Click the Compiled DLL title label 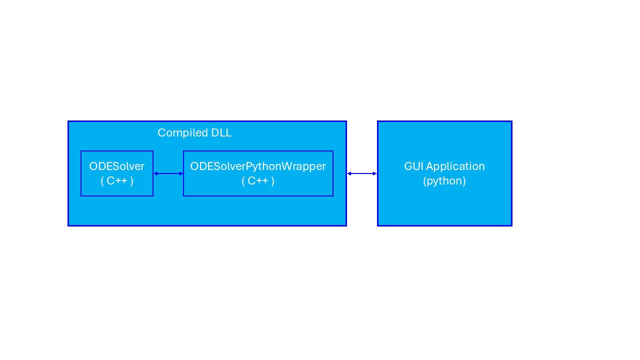pos(194,133)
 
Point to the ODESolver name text pos(117,166)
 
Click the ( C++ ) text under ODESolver pos(117,181)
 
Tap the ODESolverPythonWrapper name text pos(258,166)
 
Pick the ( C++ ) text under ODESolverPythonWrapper pos(258,181)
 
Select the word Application pos(455,166)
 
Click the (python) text pos(444,181)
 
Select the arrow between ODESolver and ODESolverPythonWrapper pos(168,173)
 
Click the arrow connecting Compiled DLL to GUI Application pos(362,173)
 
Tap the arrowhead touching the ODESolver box pos(155,173)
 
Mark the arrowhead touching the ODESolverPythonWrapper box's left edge pos(181,173)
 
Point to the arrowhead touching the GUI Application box pos(374,173)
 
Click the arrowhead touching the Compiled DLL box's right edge pos(349,173)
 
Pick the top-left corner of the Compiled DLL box pos(68,121)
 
